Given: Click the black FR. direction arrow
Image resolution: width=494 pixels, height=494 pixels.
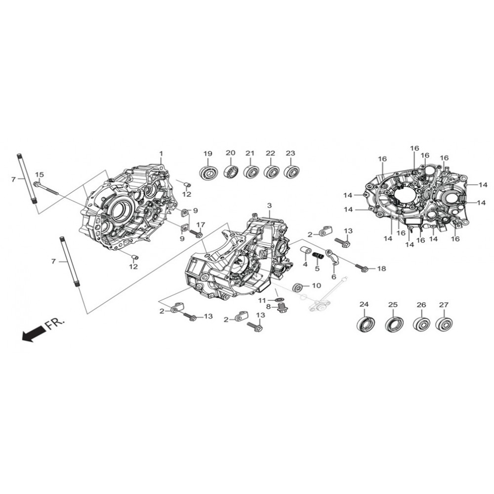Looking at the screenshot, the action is point(33,333).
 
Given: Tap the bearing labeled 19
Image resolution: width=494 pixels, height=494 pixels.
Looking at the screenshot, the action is point(208,172).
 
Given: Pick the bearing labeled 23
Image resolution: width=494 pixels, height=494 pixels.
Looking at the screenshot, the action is point(291,172).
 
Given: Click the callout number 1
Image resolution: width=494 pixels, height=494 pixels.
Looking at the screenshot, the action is point(161,154).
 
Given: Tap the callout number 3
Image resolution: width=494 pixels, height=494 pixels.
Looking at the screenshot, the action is point(269,206).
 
